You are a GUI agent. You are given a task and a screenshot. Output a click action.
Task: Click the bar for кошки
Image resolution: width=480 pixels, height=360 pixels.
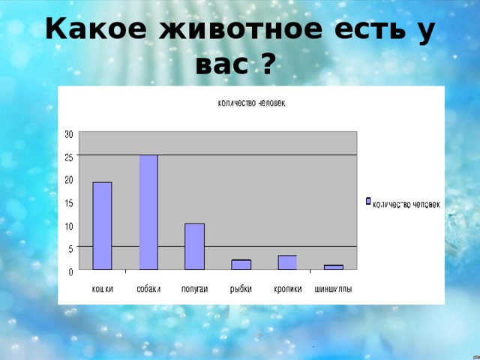[x=102, y=226]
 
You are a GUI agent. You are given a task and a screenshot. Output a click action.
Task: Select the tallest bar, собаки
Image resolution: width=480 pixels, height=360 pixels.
[x=148, y=212]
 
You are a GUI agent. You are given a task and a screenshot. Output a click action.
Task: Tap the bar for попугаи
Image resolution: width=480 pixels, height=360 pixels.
[x=194, y=247]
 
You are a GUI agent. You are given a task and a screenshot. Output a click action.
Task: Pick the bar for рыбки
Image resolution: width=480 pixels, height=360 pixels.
[x=241, y=265]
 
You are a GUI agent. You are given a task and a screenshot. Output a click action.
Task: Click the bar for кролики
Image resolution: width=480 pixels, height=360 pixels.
[x=287, y=262]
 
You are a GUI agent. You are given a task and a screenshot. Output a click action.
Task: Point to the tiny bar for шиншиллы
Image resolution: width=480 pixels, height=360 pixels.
[x=333, y=267]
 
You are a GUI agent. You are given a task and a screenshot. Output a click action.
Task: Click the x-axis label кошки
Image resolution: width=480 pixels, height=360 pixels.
[x=103, y=289]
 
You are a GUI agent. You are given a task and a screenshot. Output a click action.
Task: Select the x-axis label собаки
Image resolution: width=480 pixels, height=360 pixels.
[x=148, y=289]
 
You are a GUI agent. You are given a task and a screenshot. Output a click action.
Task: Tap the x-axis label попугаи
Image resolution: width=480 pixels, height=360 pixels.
[x=194, y=289]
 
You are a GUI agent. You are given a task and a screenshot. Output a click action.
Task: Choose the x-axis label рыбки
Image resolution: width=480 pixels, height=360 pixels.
[x=241, y=289]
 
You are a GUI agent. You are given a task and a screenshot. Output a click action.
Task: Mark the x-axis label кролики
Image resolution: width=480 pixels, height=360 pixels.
[x=287, y=289]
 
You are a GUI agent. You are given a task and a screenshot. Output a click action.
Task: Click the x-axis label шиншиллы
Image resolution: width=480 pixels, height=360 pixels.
[x=333, y=289]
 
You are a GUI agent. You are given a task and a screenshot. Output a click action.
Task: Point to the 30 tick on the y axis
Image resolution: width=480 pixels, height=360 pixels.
[x=68, y=134]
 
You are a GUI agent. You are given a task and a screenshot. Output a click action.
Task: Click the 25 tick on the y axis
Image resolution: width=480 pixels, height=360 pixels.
[x=68, y=157]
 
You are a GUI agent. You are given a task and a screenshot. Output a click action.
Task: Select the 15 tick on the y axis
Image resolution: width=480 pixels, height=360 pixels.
[x=68, y=203]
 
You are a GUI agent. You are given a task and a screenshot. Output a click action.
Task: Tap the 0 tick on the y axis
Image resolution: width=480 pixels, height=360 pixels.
[x=70, y=271]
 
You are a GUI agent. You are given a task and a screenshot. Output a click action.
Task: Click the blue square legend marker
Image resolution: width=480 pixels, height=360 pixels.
[x=367, y=201]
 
